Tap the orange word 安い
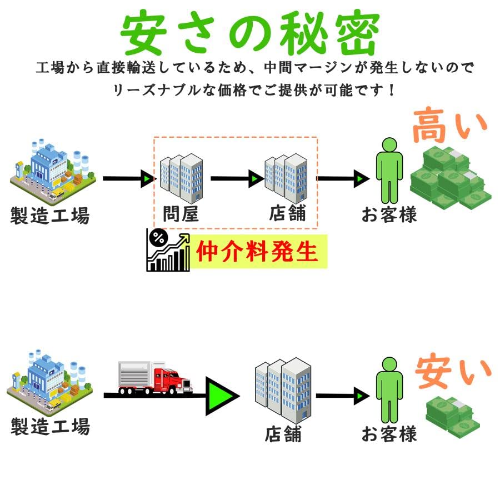pyautogui.click(x=453, y=372)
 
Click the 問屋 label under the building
pyautogui.click(x=181, y=214)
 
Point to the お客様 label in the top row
pyautogui.click(x=389, y=214)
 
